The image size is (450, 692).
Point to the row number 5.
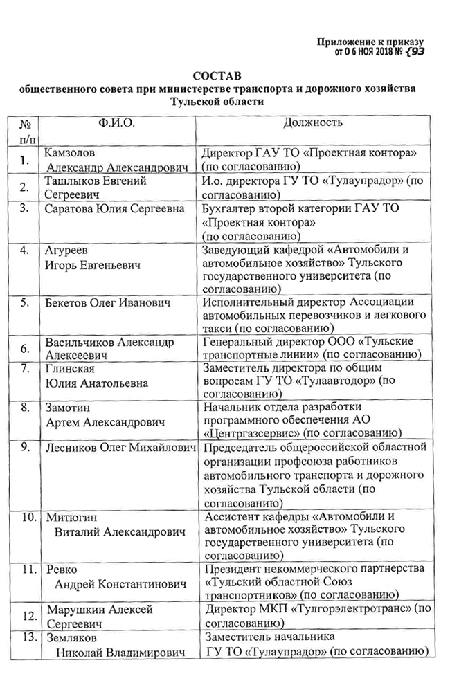pyautogui.click(x=24, y=302)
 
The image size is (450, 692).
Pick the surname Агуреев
pyautogui.click(x=66, y=251)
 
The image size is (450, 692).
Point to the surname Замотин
pyautogui.click(x=67, y=408)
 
